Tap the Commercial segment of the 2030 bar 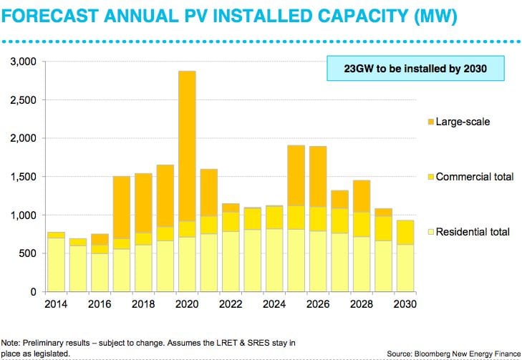[405, 232]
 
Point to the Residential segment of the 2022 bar [230, 261]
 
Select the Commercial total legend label [474, 177]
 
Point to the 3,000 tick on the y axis [25, 62]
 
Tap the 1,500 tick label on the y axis [25, 177]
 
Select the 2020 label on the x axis [185, 303]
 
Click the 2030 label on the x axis [405, 303]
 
